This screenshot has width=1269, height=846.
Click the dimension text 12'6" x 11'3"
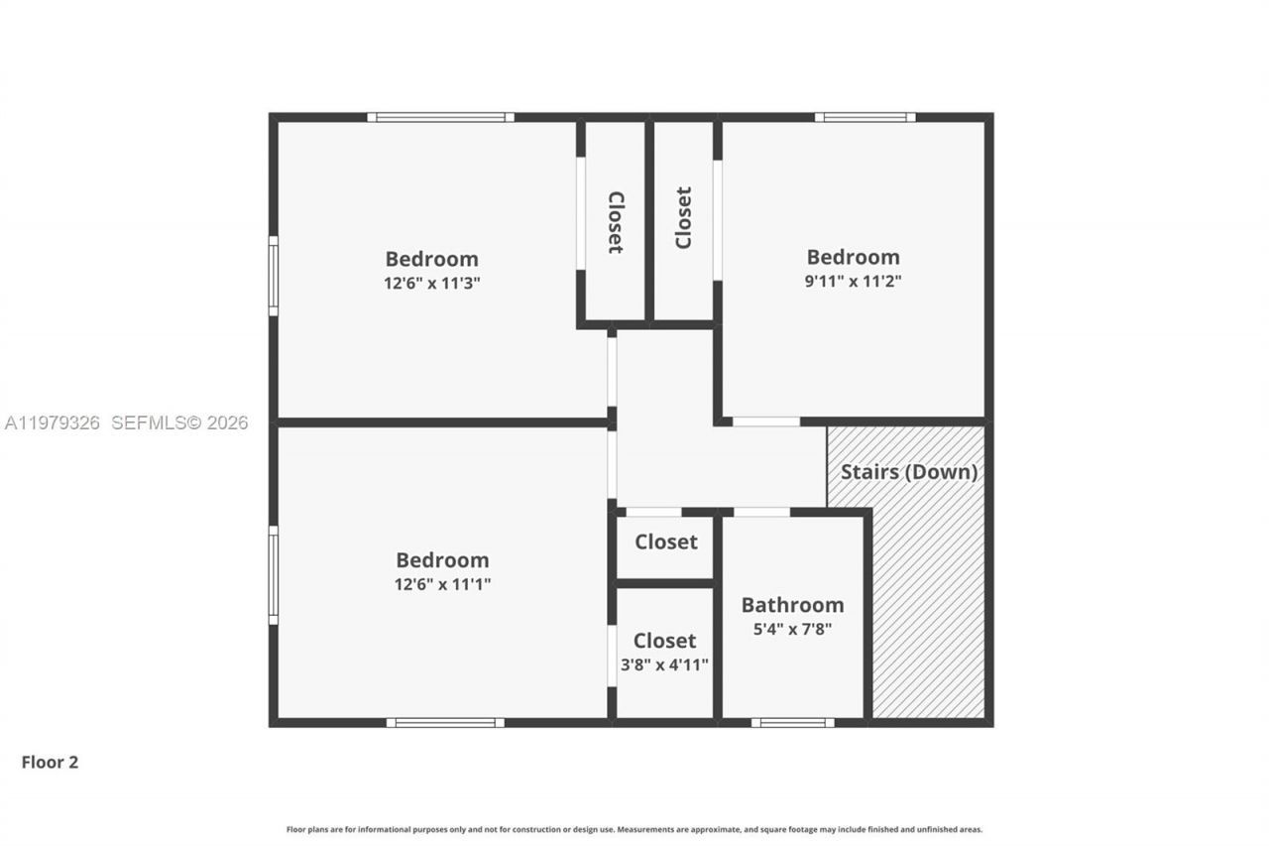[x=432, y=283]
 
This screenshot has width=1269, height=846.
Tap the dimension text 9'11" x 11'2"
[x=853, y=281]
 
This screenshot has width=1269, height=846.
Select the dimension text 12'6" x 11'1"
[x=442, y=584]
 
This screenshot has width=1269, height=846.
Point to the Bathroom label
[x=792, y=605]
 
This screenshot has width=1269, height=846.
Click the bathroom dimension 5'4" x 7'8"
[x=792, y=629]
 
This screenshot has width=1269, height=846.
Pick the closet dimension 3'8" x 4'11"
[x=664, y=665]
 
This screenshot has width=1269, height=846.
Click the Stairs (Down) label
[x=909, y=472]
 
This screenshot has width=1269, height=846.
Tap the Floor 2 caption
[x=50, y=763]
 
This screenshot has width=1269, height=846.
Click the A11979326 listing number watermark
[x=53, y=423]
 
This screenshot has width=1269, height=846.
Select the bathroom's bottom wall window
[x=791, y=722]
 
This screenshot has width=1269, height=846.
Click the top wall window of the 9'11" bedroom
[x=865, y=117]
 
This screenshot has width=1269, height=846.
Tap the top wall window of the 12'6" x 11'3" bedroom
[x=440, y=117]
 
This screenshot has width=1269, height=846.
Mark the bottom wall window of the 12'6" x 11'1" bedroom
[x=445, y=722]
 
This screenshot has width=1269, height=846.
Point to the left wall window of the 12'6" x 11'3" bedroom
[x=274, y=276]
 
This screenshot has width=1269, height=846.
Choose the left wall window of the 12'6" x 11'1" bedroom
[x=274, y=575]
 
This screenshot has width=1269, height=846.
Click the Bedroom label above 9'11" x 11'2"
[x=853, y=258]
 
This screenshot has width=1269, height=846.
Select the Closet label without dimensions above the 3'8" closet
[x=665, y=543]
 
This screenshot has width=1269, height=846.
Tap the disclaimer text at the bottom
[x=634, y=829]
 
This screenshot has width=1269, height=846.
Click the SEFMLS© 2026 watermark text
[x=179, y=423]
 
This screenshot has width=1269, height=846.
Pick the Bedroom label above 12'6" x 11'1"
[x=442, y=560]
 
